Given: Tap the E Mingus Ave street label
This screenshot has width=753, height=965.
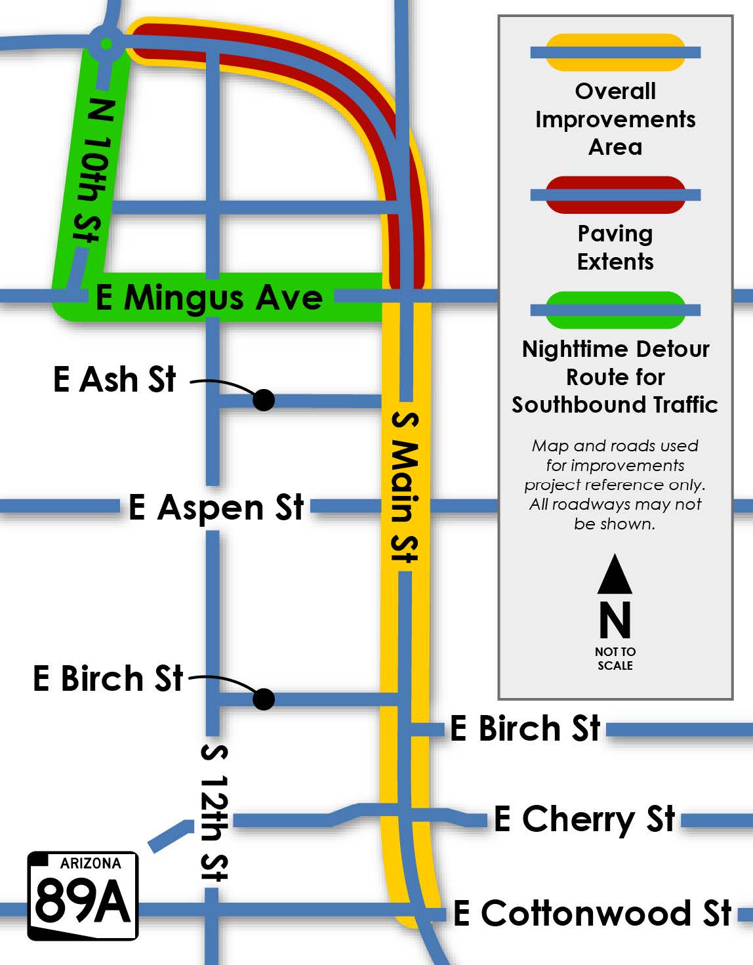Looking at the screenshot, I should pyautogui.click(x=209, y=297).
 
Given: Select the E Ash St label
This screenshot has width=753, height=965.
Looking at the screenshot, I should pyautogui.click(x=115, y=379).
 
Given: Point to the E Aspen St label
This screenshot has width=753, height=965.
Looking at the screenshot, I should pyautogui.click(x=216, y=507).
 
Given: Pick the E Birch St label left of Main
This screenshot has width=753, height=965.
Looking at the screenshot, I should pyautogui.click(x=108, y=678).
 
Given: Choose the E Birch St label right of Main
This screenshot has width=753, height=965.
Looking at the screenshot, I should pyautogui.click(x=525, y=729).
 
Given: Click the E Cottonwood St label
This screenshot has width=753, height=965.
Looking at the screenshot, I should pyautogui.click(x=593, y=913).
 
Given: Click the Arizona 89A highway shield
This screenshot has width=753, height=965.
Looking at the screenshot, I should pyautogui.click(x=83, y=895).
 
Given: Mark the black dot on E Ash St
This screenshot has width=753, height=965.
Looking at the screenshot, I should pyautogui.click(x=264, y=400).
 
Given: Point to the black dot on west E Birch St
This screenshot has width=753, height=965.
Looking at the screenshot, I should pyautogui.click(x=264, y=699).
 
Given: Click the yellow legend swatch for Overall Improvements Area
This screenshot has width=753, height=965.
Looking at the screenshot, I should pyautogui.click(x=615, y=52).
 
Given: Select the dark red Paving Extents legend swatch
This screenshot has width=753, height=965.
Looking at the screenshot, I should pyautogui.click(x=615, y=195).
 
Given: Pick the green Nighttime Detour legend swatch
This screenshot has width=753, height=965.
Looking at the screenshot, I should pyautogui.click(x=615, y=310).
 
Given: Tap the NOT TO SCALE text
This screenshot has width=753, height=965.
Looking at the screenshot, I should pyautogui.click(x=615, y=658).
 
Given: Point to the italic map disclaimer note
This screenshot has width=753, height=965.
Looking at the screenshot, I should pyautogui.click(x=615, y=485).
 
